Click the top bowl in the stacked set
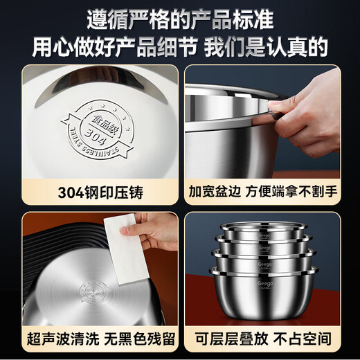262,234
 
